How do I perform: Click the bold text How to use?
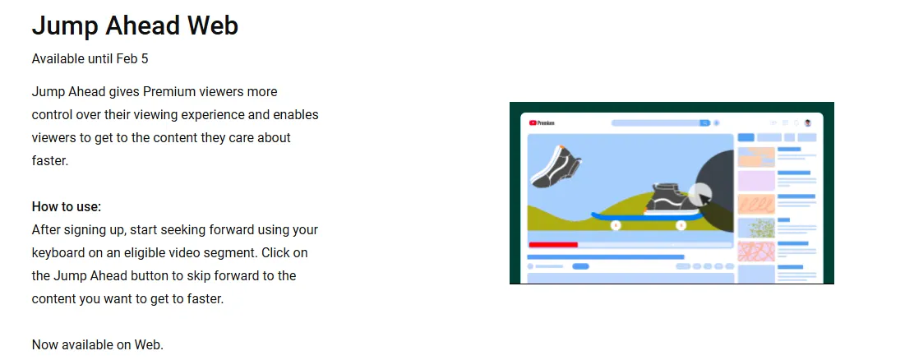tap(67, 207)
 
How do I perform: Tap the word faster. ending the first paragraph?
tap(50, 161)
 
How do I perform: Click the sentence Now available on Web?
tap(98, 345)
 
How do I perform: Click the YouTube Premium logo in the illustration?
tap(542, 123)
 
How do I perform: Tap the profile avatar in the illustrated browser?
tap(808, 123)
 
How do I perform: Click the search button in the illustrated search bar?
tap(704, 123)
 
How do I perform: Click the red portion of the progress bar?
tap(553, 245)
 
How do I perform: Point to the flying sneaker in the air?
tap(556, 167)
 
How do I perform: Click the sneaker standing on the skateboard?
tap(672, 200)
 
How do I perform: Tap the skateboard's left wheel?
tap(616, 225)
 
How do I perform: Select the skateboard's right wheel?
tap(681, 225)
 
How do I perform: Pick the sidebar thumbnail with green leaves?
tap(757, 228)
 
